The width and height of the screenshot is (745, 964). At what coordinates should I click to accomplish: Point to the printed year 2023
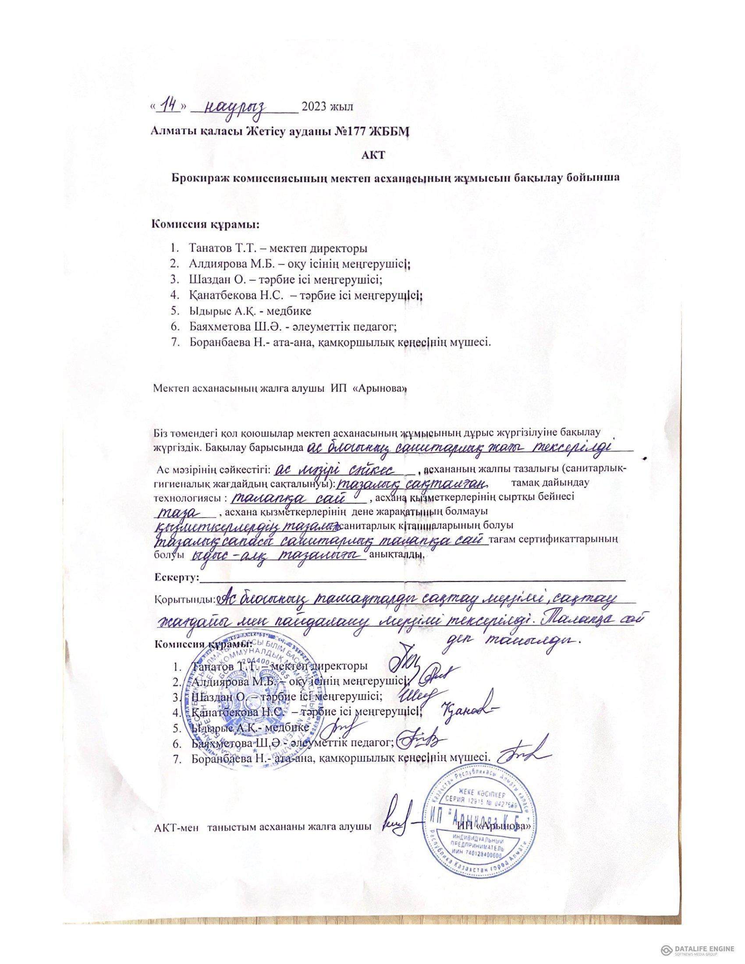(314, 107)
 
